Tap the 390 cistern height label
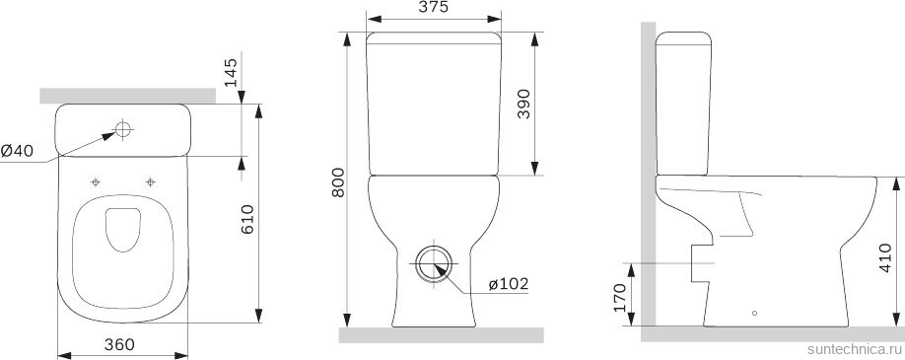tap(522, 104)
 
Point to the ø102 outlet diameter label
tap(508, 284)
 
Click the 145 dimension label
tap(232, 71)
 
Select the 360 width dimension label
tap(118, 344)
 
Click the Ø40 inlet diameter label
tap(18, 150)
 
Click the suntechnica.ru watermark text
tap(853, 350)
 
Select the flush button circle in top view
tap(124, 128)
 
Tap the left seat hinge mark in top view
tap(96, 181)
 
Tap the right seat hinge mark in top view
tap(151, 181)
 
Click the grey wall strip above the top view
tap(128, 95)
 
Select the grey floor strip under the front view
tap(441, 335)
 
